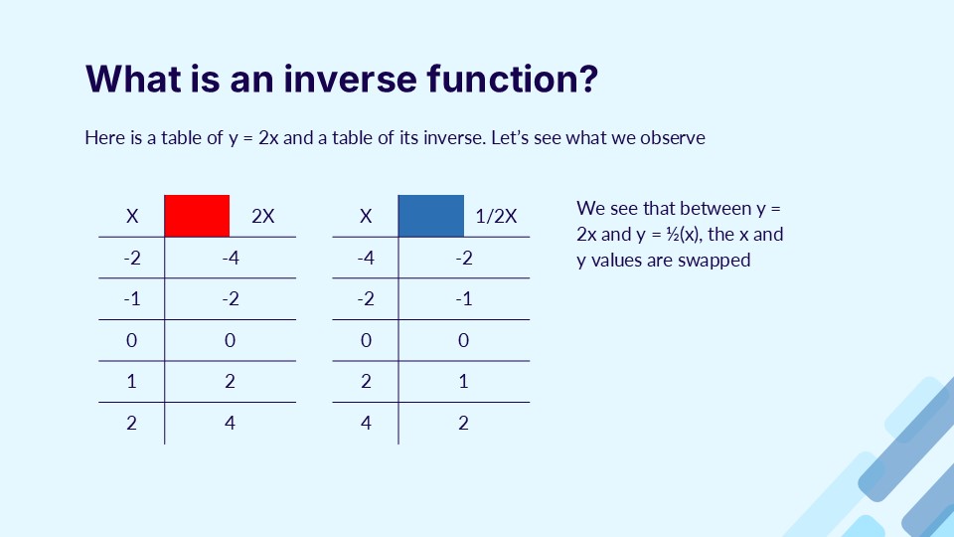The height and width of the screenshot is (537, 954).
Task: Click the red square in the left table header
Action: pos(197,215)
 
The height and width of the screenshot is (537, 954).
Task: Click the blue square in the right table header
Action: pos(430,215)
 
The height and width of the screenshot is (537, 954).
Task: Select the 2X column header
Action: pos(263,216)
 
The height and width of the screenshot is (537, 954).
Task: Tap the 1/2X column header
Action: pos(497,216)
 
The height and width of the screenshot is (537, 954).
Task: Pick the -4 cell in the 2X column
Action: pos(230,259)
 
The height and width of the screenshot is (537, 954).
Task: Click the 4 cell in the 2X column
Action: pos(230,423)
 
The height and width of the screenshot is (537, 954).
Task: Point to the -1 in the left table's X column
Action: pos(132,299)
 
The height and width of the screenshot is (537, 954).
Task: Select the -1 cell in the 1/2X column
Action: pos(463,299)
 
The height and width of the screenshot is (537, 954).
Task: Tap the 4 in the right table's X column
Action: pos(366,423)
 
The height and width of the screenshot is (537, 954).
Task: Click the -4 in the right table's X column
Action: pos(366,259)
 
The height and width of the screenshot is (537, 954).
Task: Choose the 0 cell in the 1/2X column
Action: pos(463,340)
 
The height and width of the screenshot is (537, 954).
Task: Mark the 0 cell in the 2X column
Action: pos(230,340)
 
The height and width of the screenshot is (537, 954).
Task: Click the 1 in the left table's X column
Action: pos(132,382)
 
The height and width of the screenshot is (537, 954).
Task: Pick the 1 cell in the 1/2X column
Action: pos(463,382)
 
